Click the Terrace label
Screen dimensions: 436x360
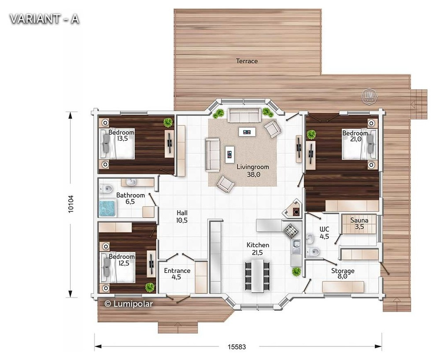[247, 61]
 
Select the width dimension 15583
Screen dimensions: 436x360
[237, 347]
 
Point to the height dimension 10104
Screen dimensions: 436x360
[71, 204]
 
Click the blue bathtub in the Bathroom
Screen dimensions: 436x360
[107, 208]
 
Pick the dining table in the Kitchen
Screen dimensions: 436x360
[258, 276]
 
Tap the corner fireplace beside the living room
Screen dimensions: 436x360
[292, 208]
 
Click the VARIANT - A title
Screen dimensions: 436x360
[44, 19]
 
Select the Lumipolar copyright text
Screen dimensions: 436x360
[129, 304]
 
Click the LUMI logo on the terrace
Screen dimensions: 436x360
[369, 96]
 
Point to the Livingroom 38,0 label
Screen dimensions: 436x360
[253, 171]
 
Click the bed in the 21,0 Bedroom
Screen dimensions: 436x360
[358, 144]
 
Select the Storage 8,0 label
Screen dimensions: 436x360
[343, 273]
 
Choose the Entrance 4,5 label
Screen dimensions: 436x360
[177, 274]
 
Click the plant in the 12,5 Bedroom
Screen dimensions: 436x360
[150, 287]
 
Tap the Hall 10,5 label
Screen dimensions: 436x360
[182, 217]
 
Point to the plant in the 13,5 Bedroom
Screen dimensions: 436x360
[168, 122]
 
